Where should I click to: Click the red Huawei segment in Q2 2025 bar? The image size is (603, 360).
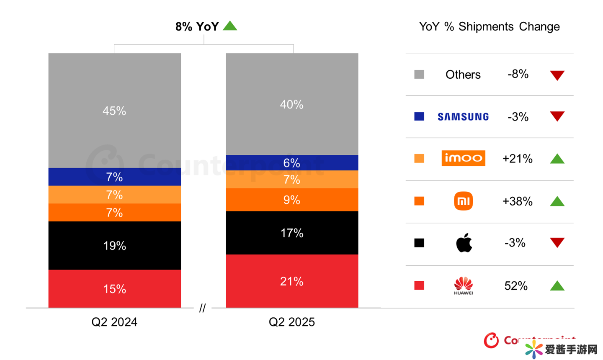click(x=292, y=281)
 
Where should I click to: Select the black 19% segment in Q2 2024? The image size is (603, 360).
click(x=114, y=245)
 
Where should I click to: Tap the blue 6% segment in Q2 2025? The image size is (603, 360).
click(x=292, y=163)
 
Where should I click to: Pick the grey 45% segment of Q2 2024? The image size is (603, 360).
click(x=114, y=111)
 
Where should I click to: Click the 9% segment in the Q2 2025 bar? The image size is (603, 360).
click(x=292, y=200)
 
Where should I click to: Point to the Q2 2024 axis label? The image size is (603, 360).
click(x=114, y=322)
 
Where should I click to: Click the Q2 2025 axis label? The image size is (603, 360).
click(x=292, y=322)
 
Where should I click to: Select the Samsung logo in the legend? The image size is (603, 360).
click(x=463, y=117)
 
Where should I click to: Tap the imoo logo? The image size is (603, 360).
click(x=463, y=158)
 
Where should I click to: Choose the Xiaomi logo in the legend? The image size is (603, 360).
click(x=463, y=201)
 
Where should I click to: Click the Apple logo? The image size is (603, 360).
click(x=464, y=243)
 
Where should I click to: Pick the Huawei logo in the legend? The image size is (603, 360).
click(x=463, y=285)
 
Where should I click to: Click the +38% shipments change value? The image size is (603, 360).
click(x=518, y=201)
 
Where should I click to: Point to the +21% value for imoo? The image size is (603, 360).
click(x=518, y=159)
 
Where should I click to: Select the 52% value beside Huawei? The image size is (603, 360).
click(x=516, y=286)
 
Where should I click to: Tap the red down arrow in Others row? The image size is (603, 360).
click(x=557, y=75)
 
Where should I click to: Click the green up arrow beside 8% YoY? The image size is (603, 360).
click(x=230, y=26)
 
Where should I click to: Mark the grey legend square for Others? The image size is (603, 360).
click(x=419, y=75)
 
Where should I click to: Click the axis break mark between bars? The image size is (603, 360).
click(x=202, y=309)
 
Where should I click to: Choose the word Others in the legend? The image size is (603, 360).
click(x=463, y=75)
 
